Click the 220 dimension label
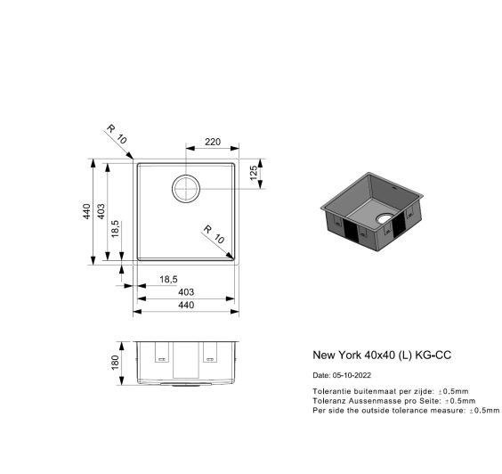(213, 142)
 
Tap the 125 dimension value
(254, 173)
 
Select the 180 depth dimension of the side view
(115, 363)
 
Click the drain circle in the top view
(186, 189)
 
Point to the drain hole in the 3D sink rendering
(385, 219)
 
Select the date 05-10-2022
(352, 375)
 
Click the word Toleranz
(329, 401)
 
